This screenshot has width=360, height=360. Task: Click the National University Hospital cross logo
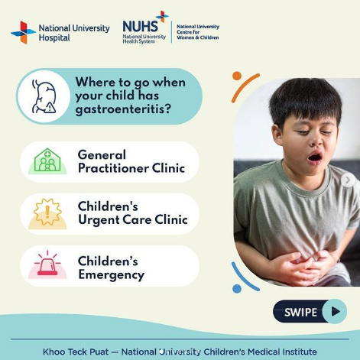[23, 32]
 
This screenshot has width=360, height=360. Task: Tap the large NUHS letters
[140, 26]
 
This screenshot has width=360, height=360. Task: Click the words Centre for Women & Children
[198, 35]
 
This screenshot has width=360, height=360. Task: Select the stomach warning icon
[44, 96]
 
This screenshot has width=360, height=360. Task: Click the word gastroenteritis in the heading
[123, 109]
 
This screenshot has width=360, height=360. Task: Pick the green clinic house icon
[47, 161]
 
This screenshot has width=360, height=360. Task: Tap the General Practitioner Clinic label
[131, 161]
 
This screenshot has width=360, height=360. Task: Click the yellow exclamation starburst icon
[47, 213]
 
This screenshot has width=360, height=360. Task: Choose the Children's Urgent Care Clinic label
[133, 213]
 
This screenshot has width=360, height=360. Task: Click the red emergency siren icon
[47, 265]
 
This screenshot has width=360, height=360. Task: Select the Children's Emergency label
[111, 268]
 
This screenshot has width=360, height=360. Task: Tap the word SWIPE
[300, 312]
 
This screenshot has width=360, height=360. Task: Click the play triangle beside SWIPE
[336, 311]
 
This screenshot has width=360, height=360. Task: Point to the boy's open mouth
[315, 157]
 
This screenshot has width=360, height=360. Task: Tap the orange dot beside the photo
[237, 76]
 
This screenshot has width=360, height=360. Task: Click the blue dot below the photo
[237, 289]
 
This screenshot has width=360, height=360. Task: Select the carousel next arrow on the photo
[348, 180]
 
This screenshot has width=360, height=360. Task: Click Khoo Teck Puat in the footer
[76, 352]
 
